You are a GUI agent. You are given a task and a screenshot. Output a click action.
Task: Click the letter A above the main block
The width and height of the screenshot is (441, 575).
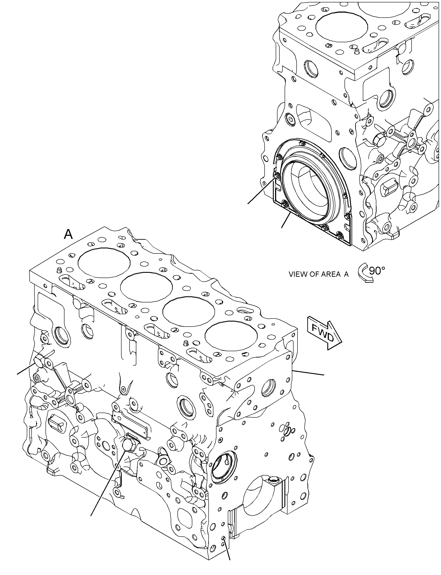tap(68, 234)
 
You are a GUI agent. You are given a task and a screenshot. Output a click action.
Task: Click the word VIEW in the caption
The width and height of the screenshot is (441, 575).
tap(298, 274)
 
